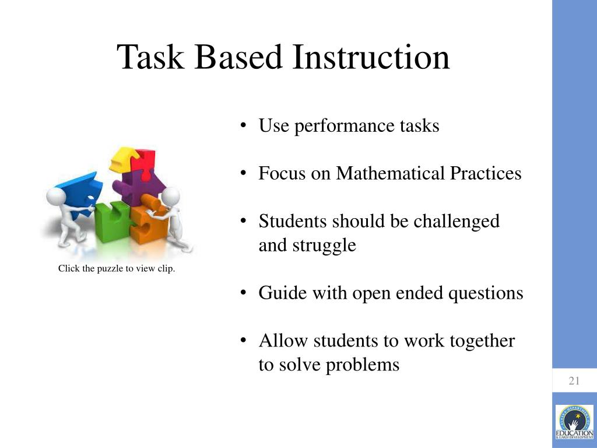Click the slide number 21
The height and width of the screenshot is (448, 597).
574,381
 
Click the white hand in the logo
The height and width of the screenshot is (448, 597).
574,421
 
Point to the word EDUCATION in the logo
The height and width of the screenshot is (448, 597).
574,433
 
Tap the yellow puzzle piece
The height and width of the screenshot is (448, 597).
124,159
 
